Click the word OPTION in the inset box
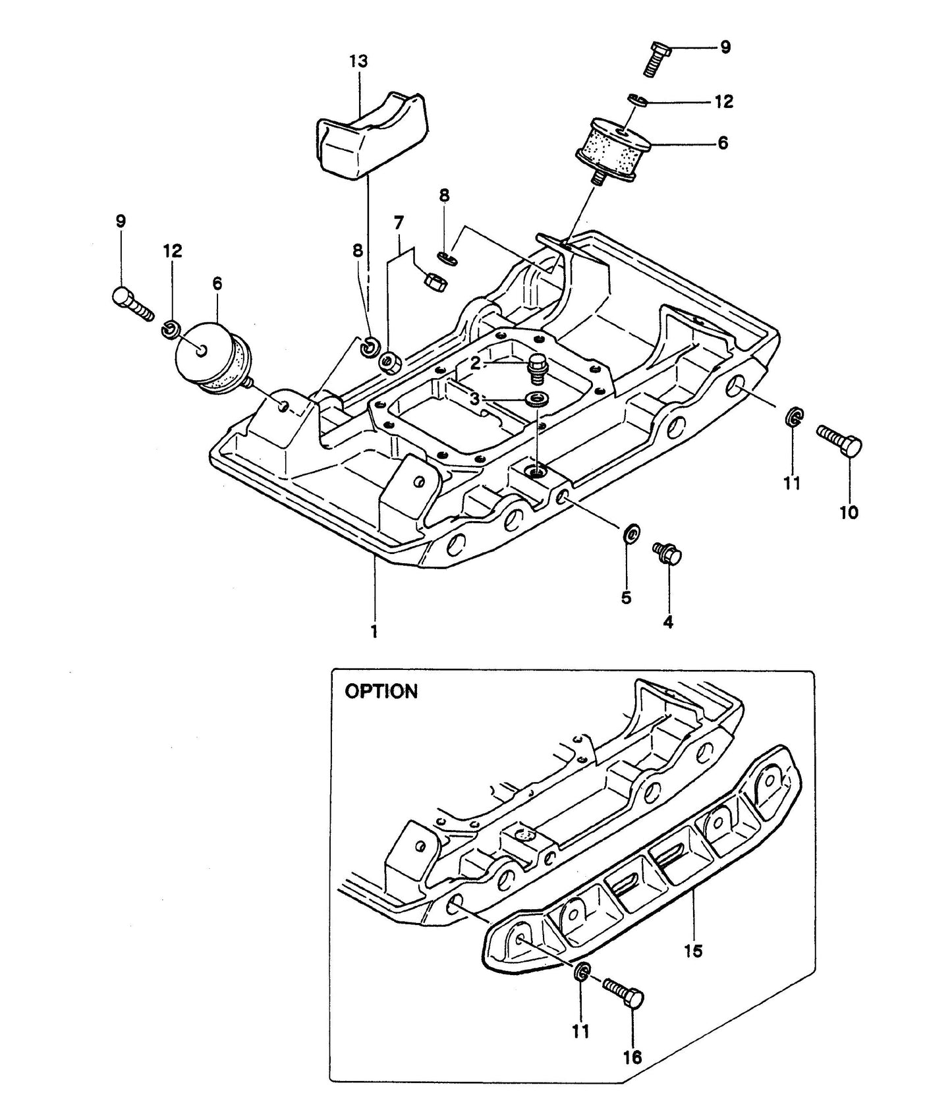pos(381,692)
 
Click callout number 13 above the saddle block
pos(358,62)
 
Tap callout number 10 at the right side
pos(849,513)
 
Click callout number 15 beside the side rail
pos(693,951)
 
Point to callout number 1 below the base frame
pos(374,632)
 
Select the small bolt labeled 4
pos(667,553)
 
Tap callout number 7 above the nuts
pos(397,223)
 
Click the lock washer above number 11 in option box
pos(581,972)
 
